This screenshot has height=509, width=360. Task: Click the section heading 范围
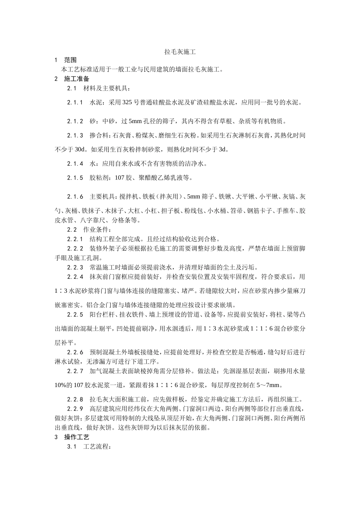tap(70, 60)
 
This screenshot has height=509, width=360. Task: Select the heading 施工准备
tap(77, 79)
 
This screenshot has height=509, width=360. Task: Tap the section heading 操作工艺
tap(77, 437)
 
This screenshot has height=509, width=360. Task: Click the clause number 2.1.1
tap(75, 103)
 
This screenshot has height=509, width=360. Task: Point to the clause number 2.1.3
tap(75, 135)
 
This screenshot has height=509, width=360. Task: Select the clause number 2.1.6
tap(75, 197)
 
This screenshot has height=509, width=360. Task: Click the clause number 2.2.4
tap(75, 277)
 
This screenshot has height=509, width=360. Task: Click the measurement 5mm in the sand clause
tap(135, 121)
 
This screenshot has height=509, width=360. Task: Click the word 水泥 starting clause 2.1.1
tap(96, 103)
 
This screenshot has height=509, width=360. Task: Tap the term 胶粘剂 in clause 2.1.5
tap(99, 177)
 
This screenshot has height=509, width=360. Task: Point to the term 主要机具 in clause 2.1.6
tap(102, 197)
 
